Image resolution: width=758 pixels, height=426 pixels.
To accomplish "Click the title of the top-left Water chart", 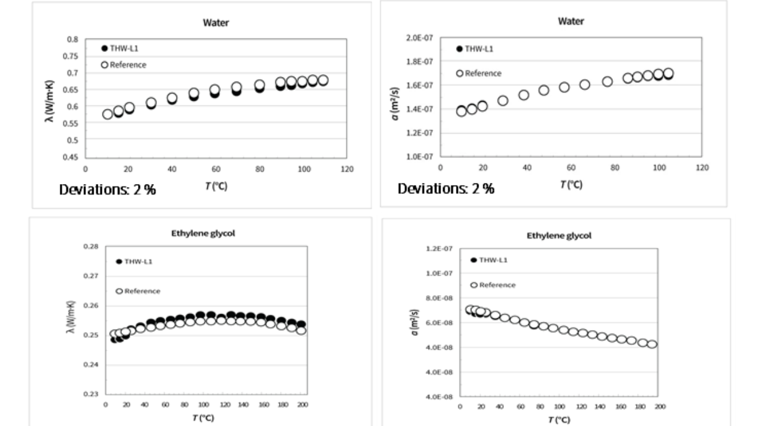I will click(x=216, y=23).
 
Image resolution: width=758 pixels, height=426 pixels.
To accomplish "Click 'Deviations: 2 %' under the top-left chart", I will click(x=107, y=190).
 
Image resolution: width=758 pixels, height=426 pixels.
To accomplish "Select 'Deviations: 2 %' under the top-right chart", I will click(x=445, y=189).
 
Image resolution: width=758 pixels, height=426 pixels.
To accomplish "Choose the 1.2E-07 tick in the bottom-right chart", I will click(x=439, y=249).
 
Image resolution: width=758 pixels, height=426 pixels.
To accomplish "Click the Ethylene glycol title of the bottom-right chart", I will click(x=558, y=235).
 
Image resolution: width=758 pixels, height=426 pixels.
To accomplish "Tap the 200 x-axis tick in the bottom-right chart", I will click(x=660, y=406).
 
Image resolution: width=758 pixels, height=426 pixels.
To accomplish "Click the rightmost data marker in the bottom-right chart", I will click(x=652, y=344).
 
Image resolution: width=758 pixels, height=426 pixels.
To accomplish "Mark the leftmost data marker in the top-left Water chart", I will click(x=107, y=114).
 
